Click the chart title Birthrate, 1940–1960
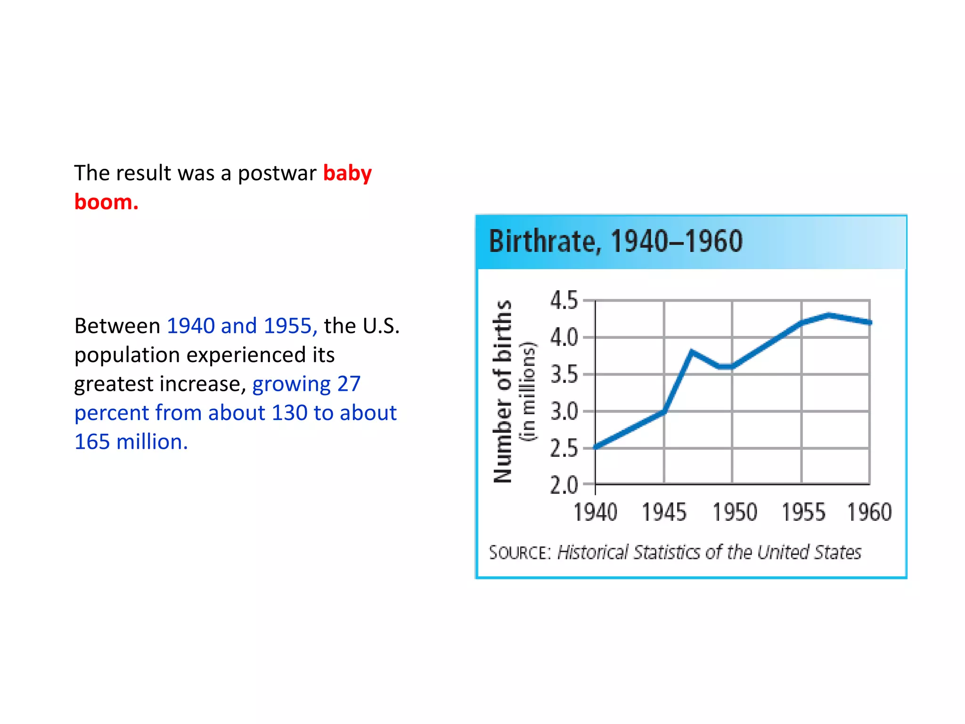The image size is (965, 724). (x=615, y=241)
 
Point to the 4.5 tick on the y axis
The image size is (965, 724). (x=564, y=300)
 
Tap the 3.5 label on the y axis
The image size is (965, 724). (x=564, y=375)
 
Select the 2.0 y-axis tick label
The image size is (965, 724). (x=564, y=485)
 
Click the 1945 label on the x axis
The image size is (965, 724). (x=664, y=512)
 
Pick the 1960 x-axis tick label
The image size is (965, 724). (x=869, y=512)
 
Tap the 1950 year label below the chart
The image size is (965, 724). (x=734, y=512)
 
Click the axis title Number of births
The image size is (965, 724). (x=502, y=391)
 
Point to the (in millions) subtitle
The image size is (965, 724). (x=528, y=391)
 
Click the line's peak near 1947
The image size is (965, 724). (x=691, y=351)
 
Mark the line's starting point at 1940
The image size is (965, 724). (x=596, y=447)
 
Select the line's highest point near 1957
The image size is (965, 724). (x=828, y=315)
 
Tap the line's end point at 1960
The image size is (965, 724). (x=869, y=322)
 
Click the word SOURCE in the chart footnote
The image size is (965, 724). (x=519, y=552)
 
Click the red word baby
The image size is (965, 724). (x=347, y=173)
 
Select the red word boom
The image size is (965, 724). (x=106, y=202)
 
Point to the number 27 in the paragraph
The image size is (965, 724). (x=349, y=384)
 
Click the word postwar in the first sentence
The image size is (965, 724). (x=277, y=173)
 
